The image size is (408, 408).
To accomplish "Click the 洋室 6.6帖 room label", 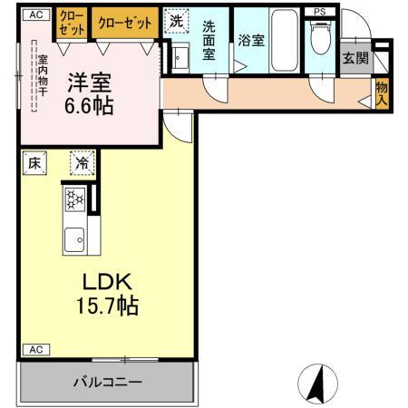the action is [89, 94].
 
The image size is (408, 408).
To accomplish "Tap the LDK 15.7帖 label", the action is [107, 294].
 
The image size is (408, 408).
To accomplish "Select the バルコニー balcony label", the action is [108, 383].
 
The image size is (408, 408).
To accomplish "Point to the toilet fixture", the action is [320, 38].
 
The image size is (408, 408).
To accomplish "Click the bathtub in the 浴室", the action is [284, 40].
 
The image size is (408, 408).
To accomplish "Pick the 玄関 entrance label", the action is [356, 58].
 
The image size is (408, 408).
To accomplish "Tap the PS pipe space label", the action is [320, 12].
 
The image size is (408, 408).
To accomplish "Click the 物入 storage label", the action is [382, 93].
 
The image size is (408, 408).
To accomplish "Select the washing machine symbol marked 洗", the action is [176, 21].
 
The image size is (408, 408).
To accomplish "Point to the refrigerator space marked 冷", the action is [83, 163].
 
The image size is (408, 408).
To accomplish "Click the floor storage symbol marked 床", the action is [34, 163].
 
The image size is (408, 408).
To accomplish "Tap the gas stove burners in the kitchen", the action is [75, 199].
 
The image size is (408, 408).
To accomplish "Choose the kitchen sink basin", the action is [74, 239].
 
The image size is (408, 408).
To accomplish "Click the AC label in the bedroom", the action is [36, 15].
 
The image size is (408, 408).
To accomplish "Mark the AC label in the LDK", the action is [36, 350].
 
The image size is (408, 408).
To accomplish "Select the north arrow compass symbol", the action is [317, 384].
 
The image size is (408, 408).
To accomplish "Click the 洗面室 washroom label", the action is [209, 40].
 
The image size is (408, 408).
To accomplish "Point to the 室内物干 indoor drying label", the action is [43, 76].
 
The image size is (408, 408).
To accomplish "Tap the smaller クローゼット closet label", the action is [72, 23].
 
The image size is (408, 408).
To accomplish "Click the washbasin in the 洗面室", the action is [180, 58].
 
